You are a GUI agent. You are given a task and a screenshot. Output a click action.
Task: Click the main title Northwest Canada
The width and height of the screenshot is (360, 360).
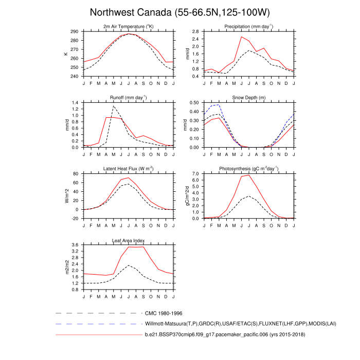179,12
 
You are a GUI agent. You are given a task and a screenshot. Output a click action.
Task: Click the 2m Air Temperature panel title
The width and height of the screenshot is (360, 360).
129,26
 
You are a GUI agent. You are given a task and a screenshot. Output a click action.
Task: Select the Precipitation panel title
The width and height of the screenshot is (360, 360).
248,26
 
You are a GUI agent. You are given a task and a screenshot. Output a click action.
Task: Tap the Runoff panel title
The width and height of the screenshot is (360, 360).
129,97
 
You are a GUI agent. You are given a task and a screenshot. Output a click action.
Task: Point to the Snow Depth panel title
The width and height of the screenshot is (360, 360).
248,97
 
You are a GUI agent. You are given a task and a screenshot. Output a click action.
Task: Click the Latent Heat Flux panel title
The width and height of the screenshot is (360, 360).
129,169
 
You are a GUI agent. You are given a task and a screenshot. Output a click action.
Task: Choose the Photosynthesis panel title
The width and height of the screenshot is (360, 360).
248,169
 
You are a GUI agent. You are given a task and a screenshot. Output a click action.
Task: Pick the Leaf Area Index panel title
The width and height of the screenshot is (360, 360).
129,240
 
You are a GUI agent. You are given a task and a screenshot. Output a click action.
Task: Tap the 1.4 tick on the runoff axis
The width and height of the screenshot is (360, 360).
76,103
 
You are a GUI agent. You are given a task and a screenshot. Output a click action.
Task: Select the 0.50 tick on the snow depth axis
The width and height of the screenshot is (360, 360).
194,103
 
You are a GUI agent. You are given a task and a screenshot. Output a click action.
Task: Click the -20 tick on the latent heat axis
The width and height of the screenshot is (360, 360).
75,219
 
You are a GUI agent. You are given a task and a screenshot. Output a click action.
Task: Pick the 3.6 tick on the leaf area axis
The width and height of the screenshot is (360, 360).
76,245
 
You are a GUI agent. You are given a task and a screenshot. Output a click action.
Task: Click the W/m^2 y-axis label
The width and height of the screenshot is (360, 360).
66,196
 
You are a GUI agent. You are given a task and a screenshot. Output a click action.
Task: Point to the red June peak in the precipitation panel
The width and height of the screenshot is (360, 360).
241,37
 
